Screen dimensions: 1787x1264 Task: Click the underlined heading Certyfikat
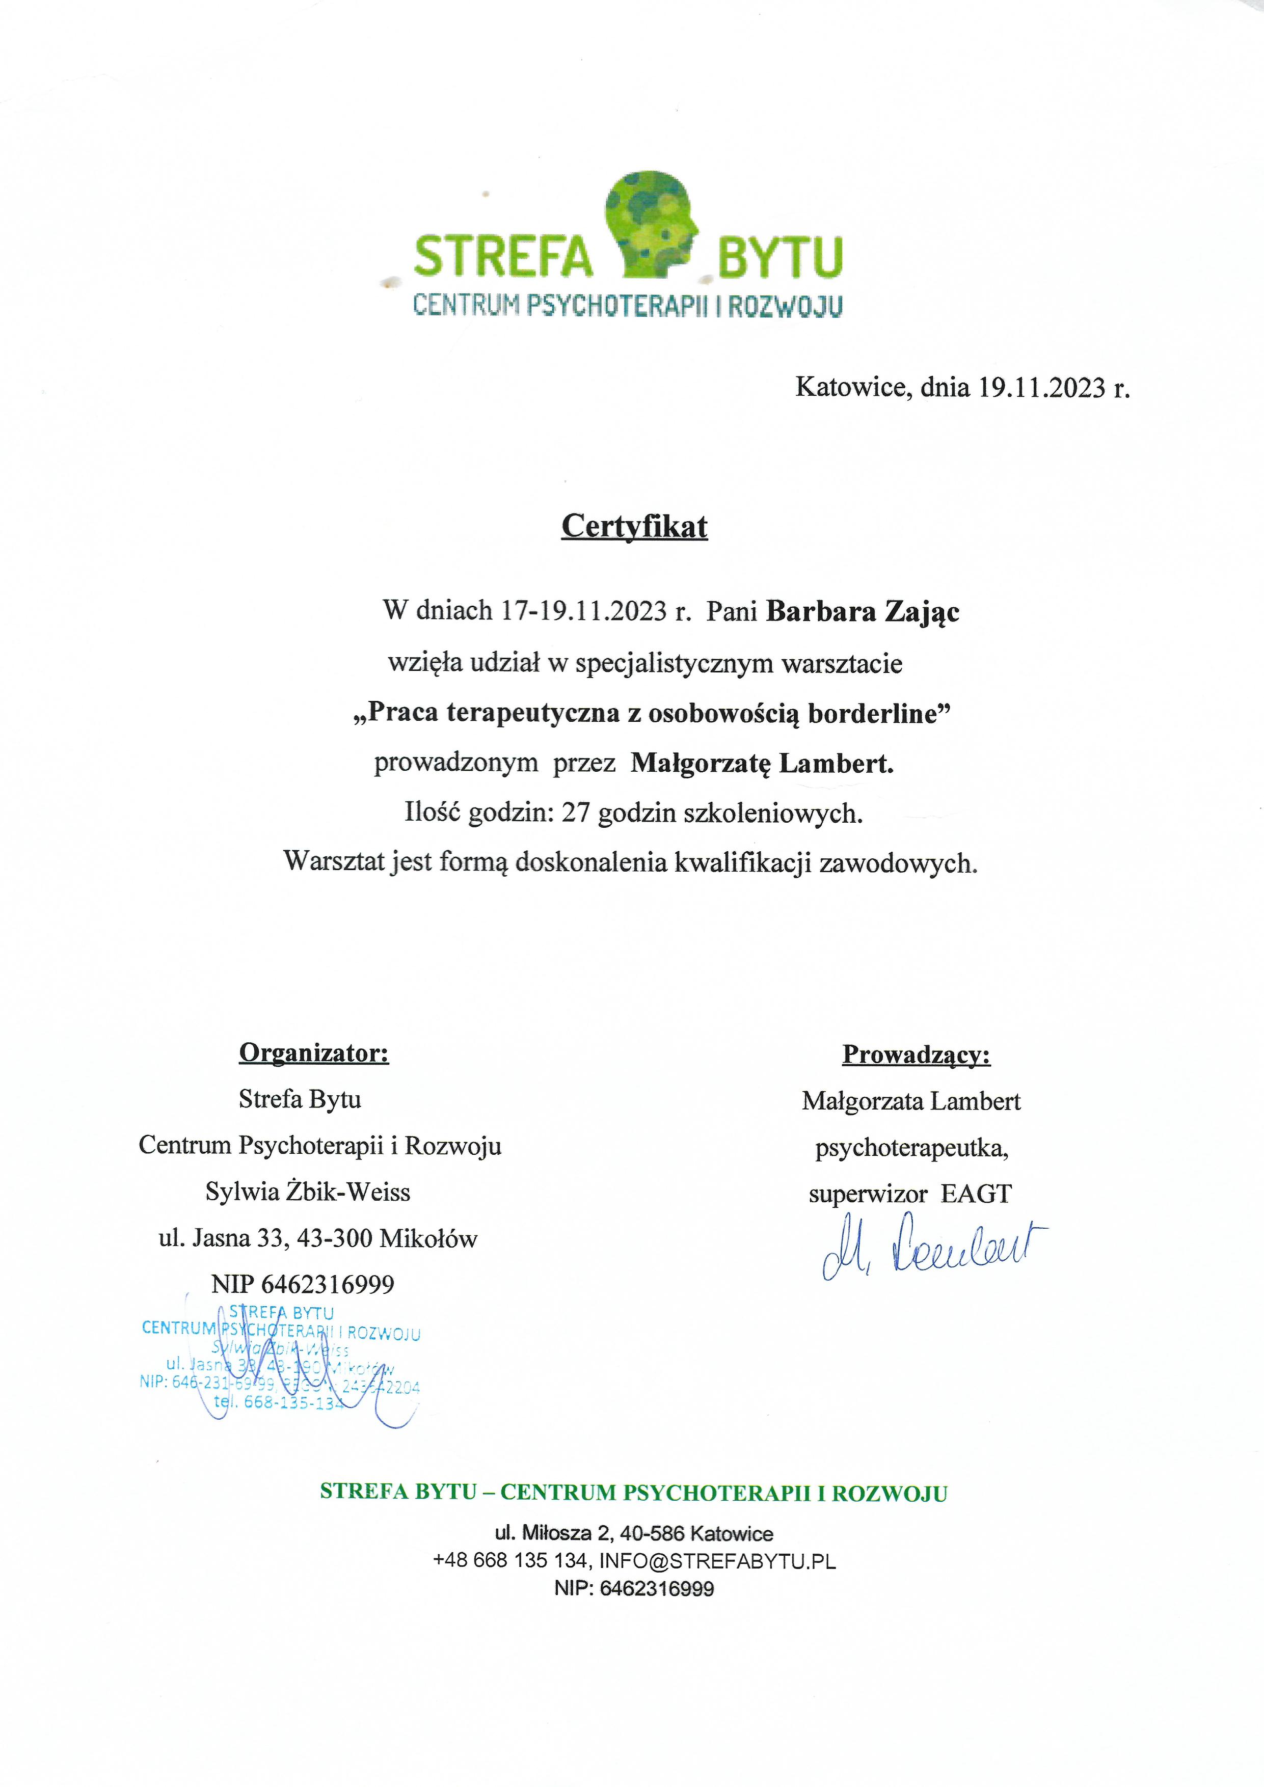point(634,527)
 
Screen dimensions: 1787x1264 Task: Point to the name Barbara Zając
point(863,612)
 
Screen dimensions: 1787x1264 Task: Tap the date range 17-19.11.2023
point(584,611)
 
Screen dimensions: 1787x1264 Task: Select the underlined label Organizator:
point(314,1052)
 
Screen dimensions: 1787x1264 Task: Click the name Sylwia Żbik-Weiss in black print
point(307,1192)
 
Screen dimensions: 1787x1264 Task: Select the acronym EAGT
point(976,1194)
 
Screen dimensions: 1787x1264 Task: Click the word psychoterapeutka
point(911,1148)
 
